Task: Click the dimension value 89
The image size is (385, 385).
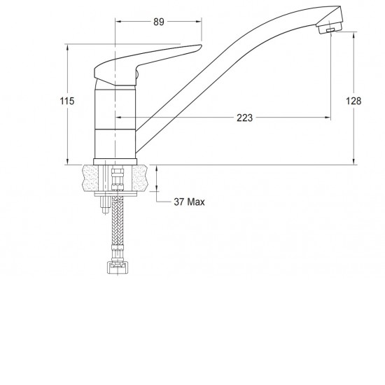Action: point(158,22)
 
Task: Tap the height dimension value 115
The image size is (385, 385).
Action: point(66,102)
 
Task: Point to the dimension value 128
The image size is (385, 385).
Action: point(354,101)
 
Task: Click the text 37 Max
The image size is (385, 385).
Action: point(189,202)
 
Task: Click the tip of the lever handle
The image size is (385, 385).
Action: point(198,48)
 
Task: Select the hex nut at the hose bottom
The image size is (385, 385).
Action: point(115,267)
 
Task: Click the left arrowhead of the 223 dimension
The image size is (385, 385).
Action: point(117,118)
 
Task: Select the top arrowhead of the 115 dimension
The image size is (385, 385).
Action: point(66,46)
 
